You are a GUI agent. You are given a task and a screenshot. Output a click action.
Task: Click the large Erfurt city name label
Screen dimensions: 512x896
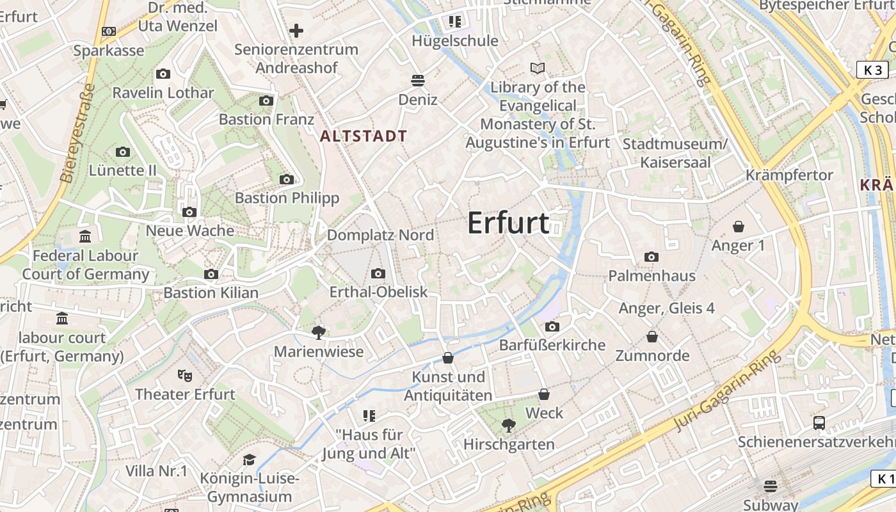coord(508,223)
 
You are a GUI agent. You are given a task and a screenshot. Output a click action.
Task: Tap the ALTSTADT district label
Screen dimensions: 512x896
coord(364,136)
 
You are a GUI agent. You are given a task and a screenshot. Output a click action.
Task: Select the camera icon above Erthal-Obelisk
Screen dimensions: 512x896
coord(378,274)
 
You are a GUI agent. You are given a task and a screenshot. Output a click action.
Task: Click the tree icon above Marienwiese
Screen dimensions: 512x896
coord(318,332)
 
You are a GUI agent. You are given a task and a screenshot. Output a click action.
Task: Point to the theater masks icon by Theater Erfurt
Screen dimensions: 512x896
coord(185,375)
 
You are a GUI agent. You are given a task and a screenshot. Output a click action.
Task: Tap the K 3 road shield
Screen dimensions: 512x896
coord(872,70)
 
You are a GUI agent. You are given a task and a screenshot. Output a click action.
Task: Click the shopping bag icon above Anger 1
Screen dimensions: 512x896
coord(739,227)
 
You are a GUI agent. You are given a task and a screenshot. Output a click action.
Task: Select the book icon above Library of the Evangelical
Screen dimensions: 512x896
coord(538,68)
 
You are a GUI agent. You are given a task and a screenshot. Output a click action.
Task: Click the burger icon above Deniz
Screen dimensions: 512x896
coord(418,80)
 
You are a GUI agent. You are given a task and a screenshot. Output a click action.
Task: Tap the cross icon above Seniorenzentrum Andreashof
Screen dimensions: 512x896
coord(296,30)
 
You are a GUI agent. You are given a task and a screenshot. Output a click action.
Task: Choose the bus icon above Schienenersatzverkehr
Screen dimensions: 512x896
coord(819,422)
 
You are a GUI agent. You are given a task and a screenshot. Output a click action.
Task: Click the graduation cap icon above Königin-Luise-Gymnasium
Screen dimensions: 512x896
coord(249,460)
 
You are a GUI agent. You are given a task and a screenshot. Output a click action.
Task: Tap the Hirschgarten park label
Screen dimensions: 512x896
coord(509,444)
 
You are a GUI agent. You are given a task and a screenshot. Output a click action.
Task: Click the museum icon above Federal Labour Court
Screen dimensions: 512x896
coord(85,237)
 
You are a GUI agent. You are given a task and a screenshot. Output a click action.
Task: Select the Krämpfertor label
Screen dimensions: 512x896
coord(789,175)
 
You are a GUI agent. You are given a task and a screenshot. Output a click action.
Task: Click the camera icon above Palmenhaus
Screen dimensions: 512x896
coord(652,257)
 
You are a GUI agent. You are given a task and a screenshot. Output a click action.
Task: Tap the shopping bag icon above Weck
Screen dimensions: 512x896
coord(544,394)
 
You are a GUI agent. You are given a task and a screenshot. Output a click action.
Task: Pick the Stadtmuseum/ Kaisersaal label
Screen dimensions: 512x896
coord(675,153)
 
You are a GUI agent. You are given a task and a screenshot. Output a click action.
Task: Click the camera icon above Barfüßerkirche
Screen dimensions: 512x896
coord(552,326)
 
